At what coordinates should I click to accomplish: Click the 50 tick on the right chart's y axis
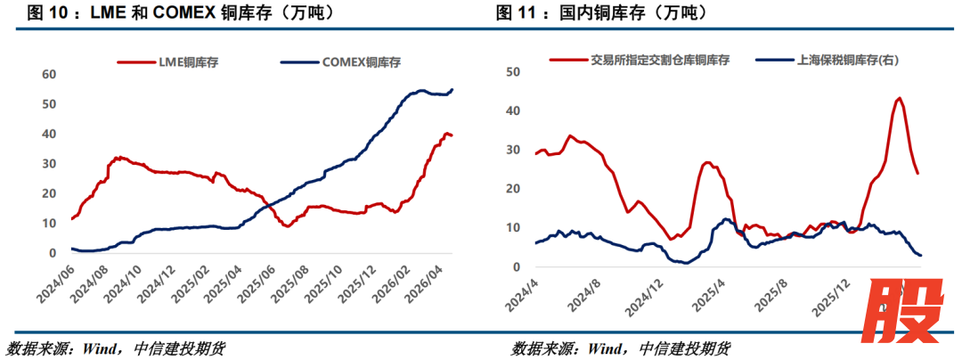coord(512,71)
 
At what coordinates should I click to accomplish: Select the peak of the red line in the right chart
coord(899,98)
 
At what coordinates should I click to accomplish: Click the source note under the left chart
coord(116,348)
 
